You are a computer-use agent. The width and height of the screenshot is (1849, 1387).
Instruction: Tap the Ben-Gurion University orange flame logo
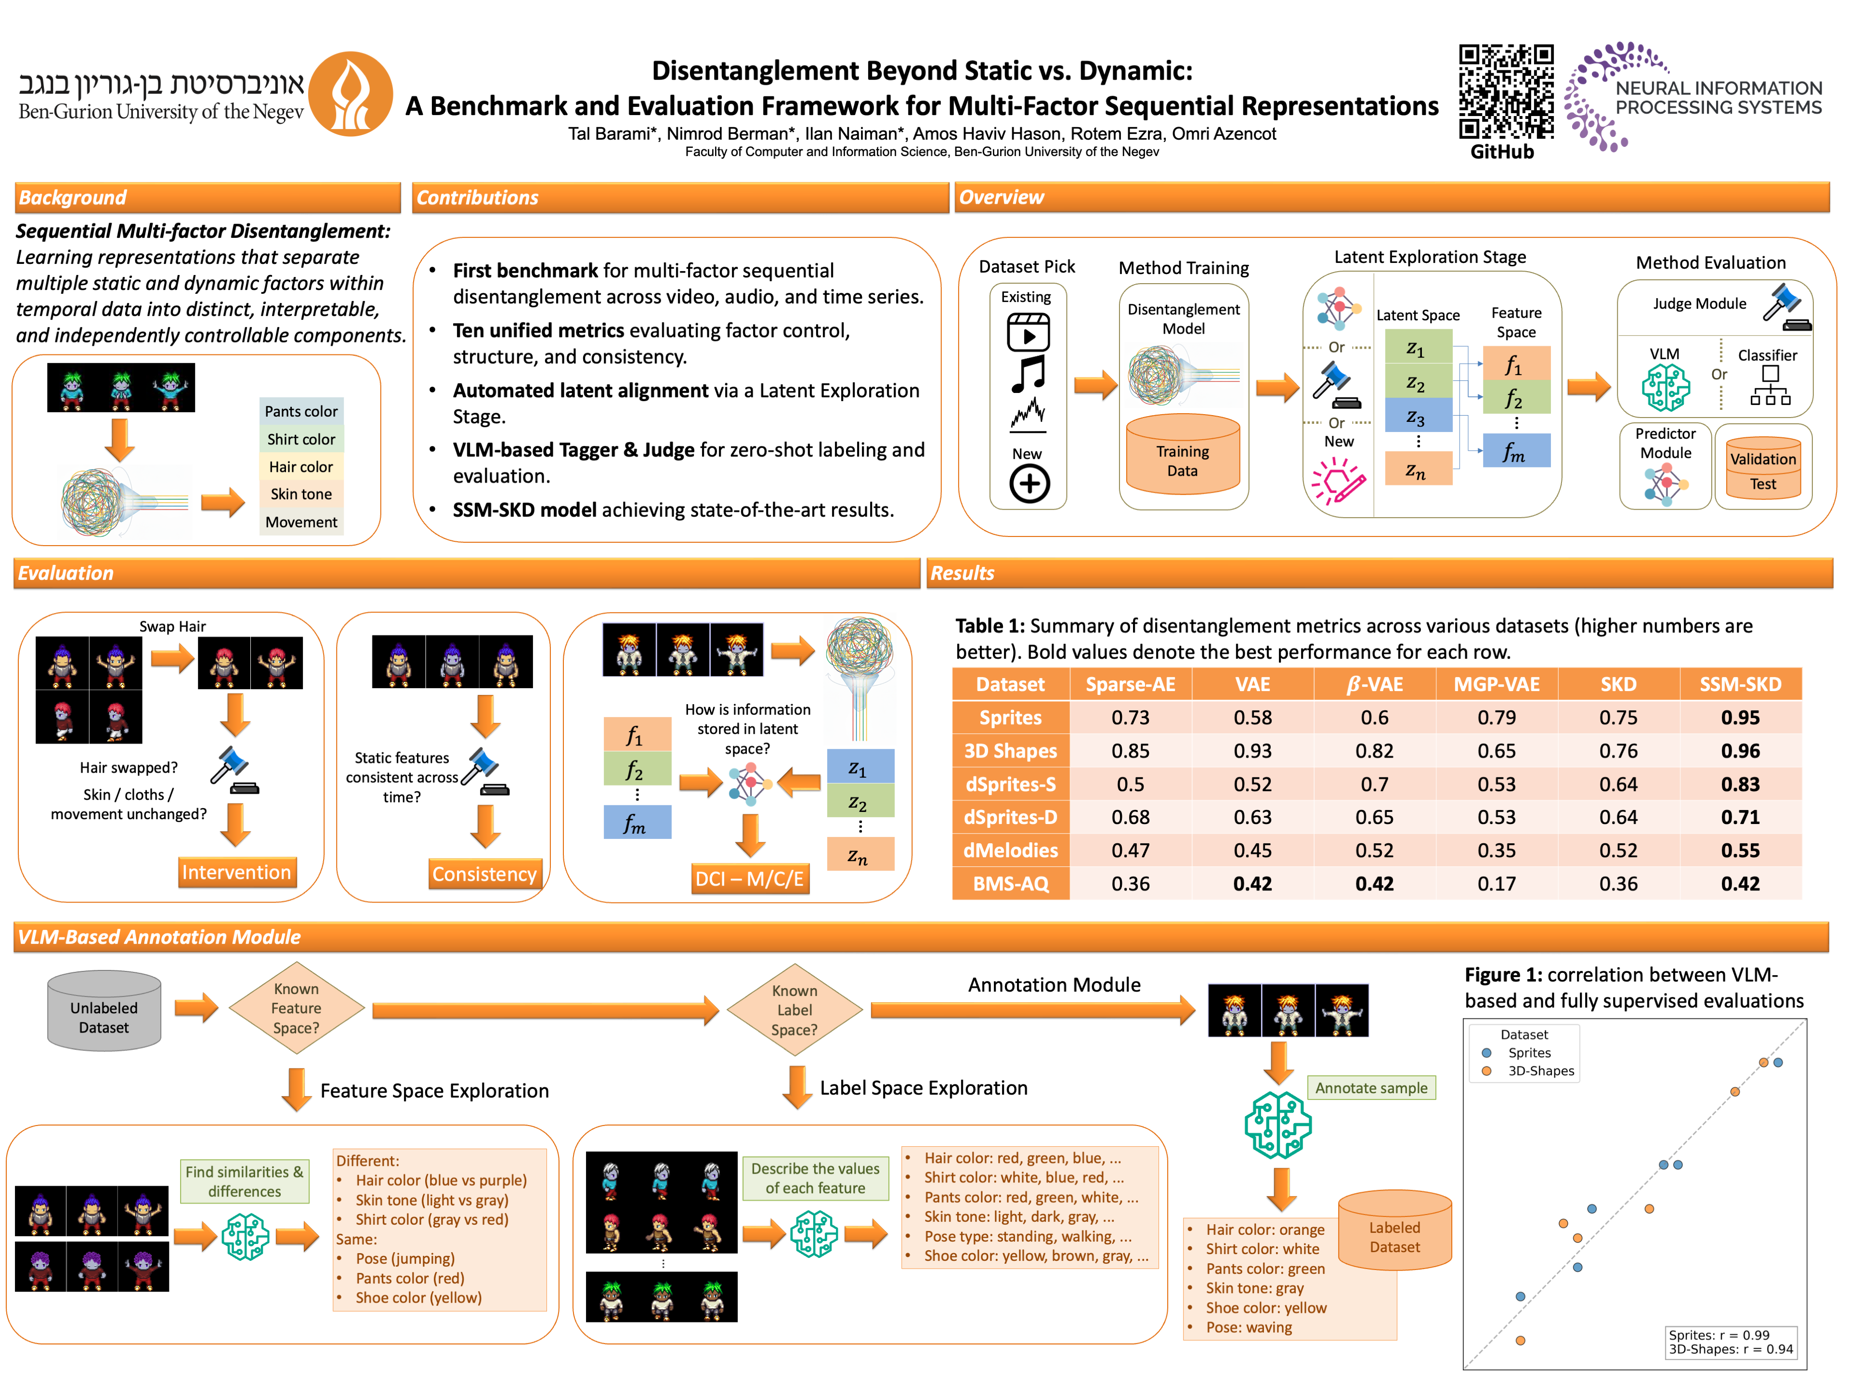tap(351, 93)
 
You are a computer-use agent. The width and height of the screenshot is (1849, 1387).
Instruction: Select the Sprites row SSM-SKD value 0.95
tap(1740, 717)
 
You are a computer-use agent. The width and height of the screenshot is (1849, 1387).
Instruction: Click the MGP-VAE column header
tap(1496, 684)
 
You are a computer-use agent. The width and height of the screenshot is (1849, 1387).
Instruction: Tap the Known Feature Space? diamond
tap(296, 1008)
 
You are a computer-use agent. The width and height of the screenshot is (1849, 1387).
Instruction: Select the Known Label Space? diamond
tap(794, 1010)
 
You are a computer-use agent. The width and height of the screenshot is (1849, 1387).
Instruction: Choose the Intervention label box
tap(236, 872)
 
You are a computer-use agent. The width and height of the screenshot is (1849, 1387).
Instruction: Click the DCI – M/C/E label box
tap(750, 879)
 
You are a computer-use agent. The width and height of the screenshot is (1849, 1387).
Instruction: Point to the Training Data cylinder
tap(1182, 456)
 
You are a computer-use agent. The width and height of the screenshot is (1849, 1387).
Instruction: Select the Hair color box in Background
tap(301, 467)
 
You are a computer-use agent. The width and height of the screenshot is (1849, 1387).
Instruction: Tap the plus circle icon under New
tap(1029, 483)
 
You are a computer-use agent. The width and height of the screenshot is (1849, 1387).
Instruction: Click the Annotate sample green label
tap(1371, 1088)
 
